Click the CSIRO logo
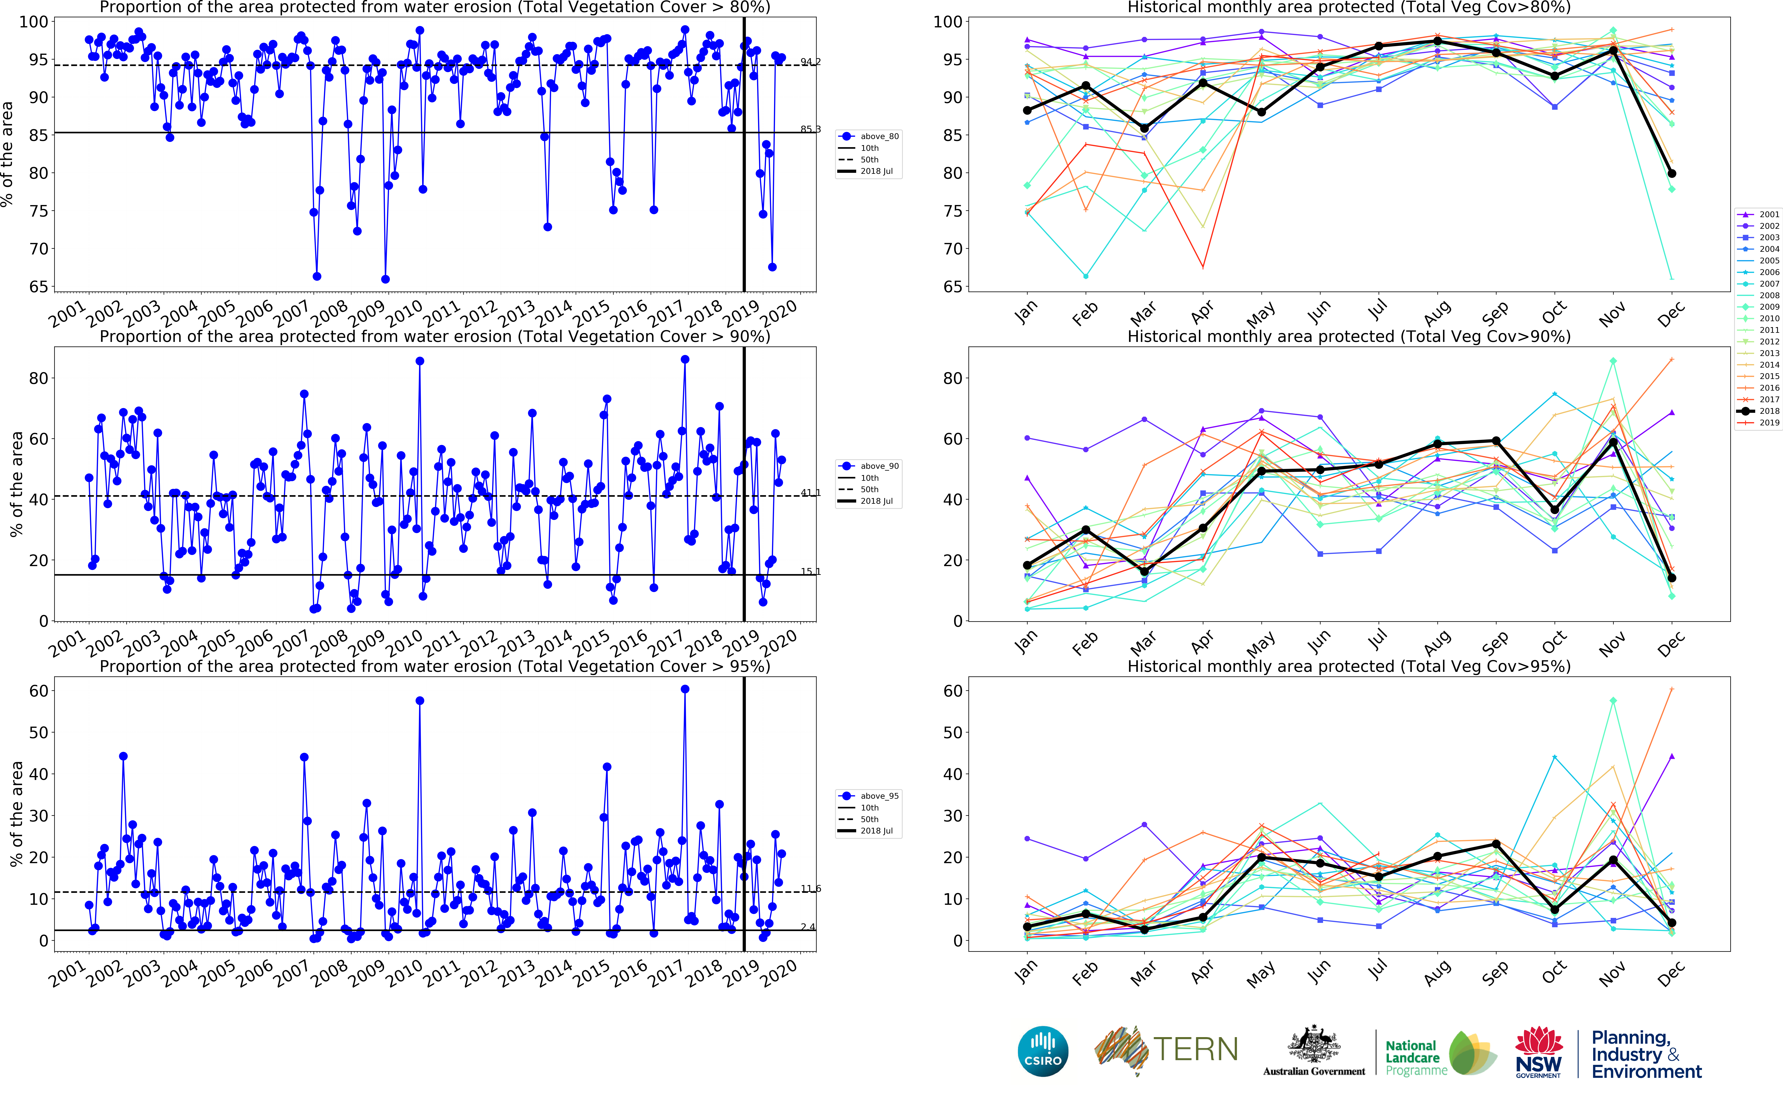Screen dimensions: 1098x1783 click(1043, 1051)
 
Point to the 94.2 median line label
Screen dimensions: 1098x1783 click(811, 62)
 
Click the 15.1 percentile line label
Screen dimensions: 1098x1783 click(811, 571)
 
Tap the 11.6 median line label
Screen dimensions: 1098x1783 click(811, 889)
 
